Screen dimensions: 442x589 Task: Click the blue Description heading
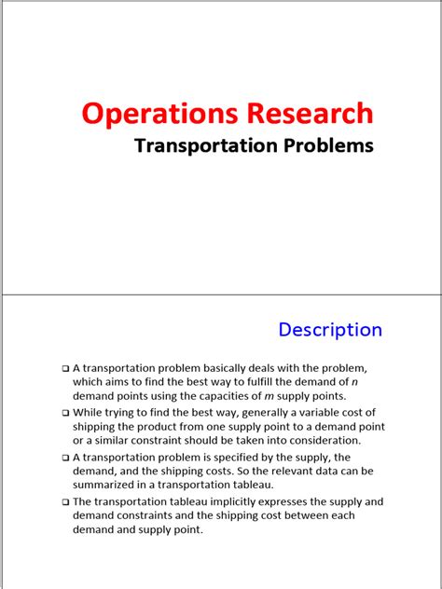tap(330, 329)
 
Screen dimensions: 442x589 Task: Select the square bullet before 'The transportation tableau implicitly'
tap(65, 502)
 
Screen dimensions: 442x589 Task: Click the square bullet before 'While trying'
tap(65, 413)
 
